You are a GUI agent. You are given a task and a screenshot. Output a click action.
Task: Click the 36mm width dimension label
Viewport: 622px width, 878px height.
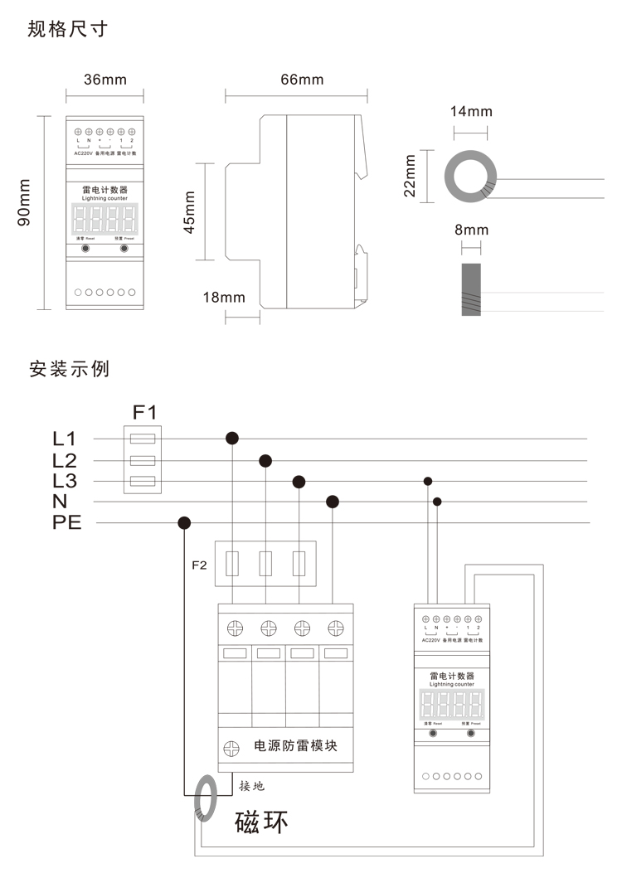click(x=105, y=80)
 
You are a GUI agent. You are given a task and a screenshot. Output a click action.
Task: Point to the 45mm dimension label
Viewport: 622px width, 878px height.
click(x=190, y=212)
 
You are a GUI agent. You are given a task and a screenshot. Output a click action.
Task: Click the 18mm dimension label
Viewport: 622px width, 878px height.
click(x=225, y=297)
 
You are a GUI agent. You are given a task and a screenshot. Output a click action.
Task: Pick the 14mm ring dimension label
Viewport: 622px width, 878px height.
click(x=471, y=111)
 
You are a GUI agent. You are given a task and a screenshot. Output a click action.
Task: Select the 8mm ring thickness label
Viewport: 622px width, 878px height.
click(x=471, y=230)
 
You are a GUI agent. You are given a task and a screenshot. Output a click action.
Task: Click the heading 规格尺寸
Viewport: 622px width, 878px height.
click(x=67, y=31)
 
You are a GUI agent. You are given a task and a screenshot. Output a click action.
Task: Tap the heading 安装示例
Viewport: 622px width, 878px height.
click(x=68, y=367)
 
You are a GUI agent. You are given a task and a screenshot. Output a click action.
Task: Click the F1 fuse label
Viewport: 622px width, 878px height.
click(x=144, y=411)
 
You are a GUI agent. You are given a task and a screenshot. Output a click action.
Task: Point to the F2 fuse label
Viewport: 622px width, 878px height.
click(x=199, y=565)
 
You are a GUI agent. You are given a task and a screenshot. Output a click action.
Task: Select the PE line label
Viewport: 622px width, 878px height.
click(x=67, y=523)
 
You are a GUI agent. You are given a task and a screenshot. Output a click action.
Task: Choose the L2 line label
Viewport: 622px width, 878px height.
click(x=64, y=460)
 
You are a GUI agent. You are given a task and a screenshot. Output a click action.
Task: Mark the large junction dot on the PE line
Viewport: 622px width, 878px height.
click(x=184, y=522)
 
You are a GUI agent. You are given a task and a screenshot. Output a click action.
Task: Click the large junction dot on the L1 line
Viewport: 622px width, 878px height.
click(x=232, y=438)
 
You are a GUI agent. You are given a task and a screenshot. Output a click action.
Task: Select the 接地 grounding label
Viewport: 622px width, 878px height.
click(x=252, y=785)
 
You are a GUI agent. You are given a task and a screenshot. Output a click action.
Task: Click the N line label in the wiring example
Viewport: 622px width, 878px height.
click(x=60, y=502)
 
